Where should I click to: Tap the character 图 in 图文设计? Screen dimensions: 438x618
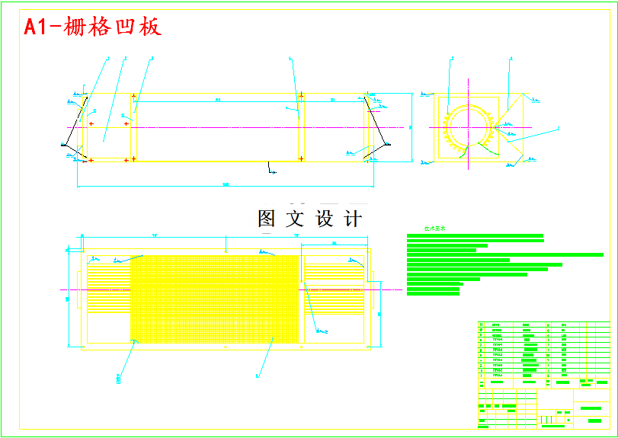pyautogui.click(x=267, y=219)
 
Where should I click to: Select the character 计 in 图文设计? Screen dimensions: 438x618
pyautogui.click(x=353, y=219)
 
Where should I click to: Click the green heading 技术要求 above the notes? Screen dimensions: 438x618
pyautogui.click(x=435, y=228)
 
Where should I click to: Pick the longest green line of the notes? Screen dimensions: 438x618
pyautogui.click(x=504, y=254)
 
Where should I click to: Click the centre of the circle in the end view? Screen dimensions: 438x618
pyautogui.click(x=467, y=127)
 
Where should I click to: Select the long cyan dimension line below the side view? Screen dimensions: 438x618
pyautogui.click(x=226, y=185)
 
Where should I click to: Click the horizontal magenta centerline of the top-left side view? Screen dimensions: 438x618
pyautogui.click(x=229, y=127)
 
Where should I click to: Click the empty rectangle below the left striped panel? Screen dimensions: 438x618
pyautogui.click(x=109, y=327)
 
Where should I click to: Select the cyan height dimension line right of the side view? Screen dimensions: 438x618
pyautogui.click(x=412, y=127)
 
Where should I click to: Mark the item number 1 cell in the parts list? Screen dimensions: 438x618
pyautogui.click(x=481, y=376)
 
